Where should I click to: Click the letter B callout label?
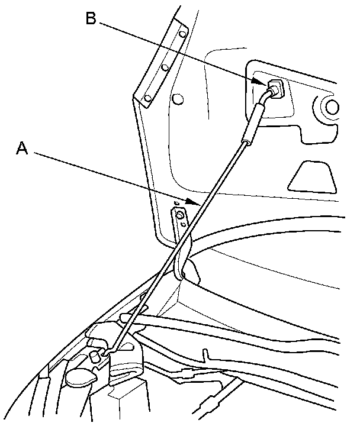tap(91, 18)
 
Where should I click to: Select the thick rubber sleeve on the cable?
tap(256, 118)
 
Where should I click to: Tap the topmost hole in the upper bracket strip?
tap(183, 35)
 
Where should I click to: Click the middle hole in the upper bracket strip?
tap(166, 67)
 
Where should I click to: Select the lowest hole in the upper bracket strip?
tap(148, 96)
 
